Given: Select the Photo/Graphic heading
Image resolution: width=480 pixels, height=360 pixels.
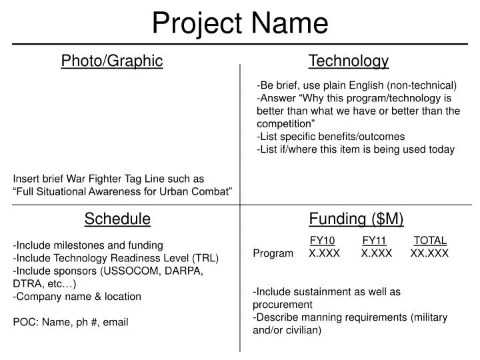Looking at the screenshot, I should pos(112,61).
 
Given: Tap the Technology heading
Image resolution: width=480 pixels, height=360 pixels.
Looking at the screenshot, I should pos(349,61).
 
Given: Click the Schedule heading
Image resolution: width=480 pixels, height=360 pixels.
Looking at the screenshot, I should pos(117,219).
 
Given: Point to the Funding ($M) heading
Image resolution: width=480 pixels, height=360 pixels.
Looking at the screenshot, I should pos(356,219).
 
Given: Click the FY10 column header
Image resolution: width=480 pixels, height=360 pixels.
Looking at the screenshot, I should pos(323,241).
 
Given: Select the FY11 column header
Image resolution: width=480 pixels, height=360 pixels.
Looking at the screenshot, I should pos(375,241).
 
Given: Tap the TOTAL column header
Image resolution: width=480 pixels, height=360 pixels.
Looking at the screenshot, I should pos(430,241).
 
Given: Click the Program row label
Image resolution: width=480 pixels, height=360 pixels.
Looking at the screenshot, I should pos(273,253).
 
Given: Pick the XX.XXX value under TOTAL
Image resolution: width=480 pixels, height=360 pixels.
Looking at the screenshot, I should pos(430,253).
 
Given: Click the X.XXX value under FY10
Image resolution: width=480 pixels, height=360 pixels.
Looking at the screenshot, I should pos(325,253).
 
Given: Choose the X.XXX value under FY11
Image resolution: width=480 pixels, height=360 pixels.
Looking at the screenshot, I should pos(377,253).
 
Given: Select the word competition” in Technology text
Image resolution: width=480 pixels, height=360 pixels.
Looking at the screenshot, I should pos(286,123).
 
